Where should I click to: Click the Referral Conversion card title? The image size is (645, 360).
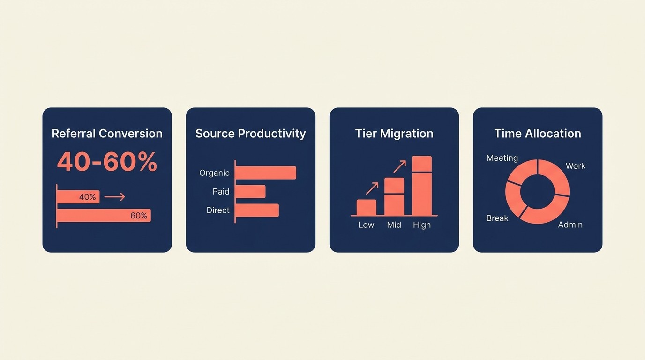[107, 134]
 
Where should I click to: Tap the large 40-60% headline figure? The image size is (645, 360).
[107, 162]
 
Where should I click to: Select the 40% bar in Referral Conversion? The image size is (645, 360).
[78, 197]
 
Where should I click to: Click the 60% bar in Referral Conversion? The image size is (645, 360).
[104, 216]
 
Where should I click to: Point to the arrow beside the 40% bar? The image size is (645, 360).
[114, 197]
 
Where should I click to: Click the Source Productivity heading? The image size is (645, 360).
[250, 134]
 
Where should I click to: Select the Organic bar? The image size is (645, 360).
[266, 172]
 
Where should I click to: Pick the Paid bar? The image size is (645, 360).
[250, 191]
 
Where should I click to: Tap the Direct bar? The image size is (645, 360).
[257, 210]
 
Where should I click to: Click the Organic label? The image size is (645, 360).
[214, 173]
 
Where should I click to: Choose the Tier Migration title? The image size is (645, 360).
[394, 134]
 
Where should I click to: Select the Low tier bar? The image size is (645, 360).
[367, 207]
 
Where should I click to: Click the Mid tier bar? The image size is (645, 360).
[394, 196]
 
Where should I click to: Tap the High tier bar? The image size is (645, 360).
[422, 186]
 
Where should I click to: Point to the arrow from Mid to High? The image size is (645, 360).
[400, 166]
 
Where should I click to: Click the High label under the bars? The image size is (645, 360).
[422, 225]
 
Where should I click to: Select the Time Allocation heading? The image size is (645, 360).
[538, 134]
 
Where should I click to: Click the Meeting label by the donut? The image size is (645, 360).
[502, 158]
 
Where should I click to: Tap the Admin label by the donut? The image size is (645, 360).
[570, 225]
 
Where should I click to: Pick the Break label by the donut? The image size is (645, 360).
[497, 218]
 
